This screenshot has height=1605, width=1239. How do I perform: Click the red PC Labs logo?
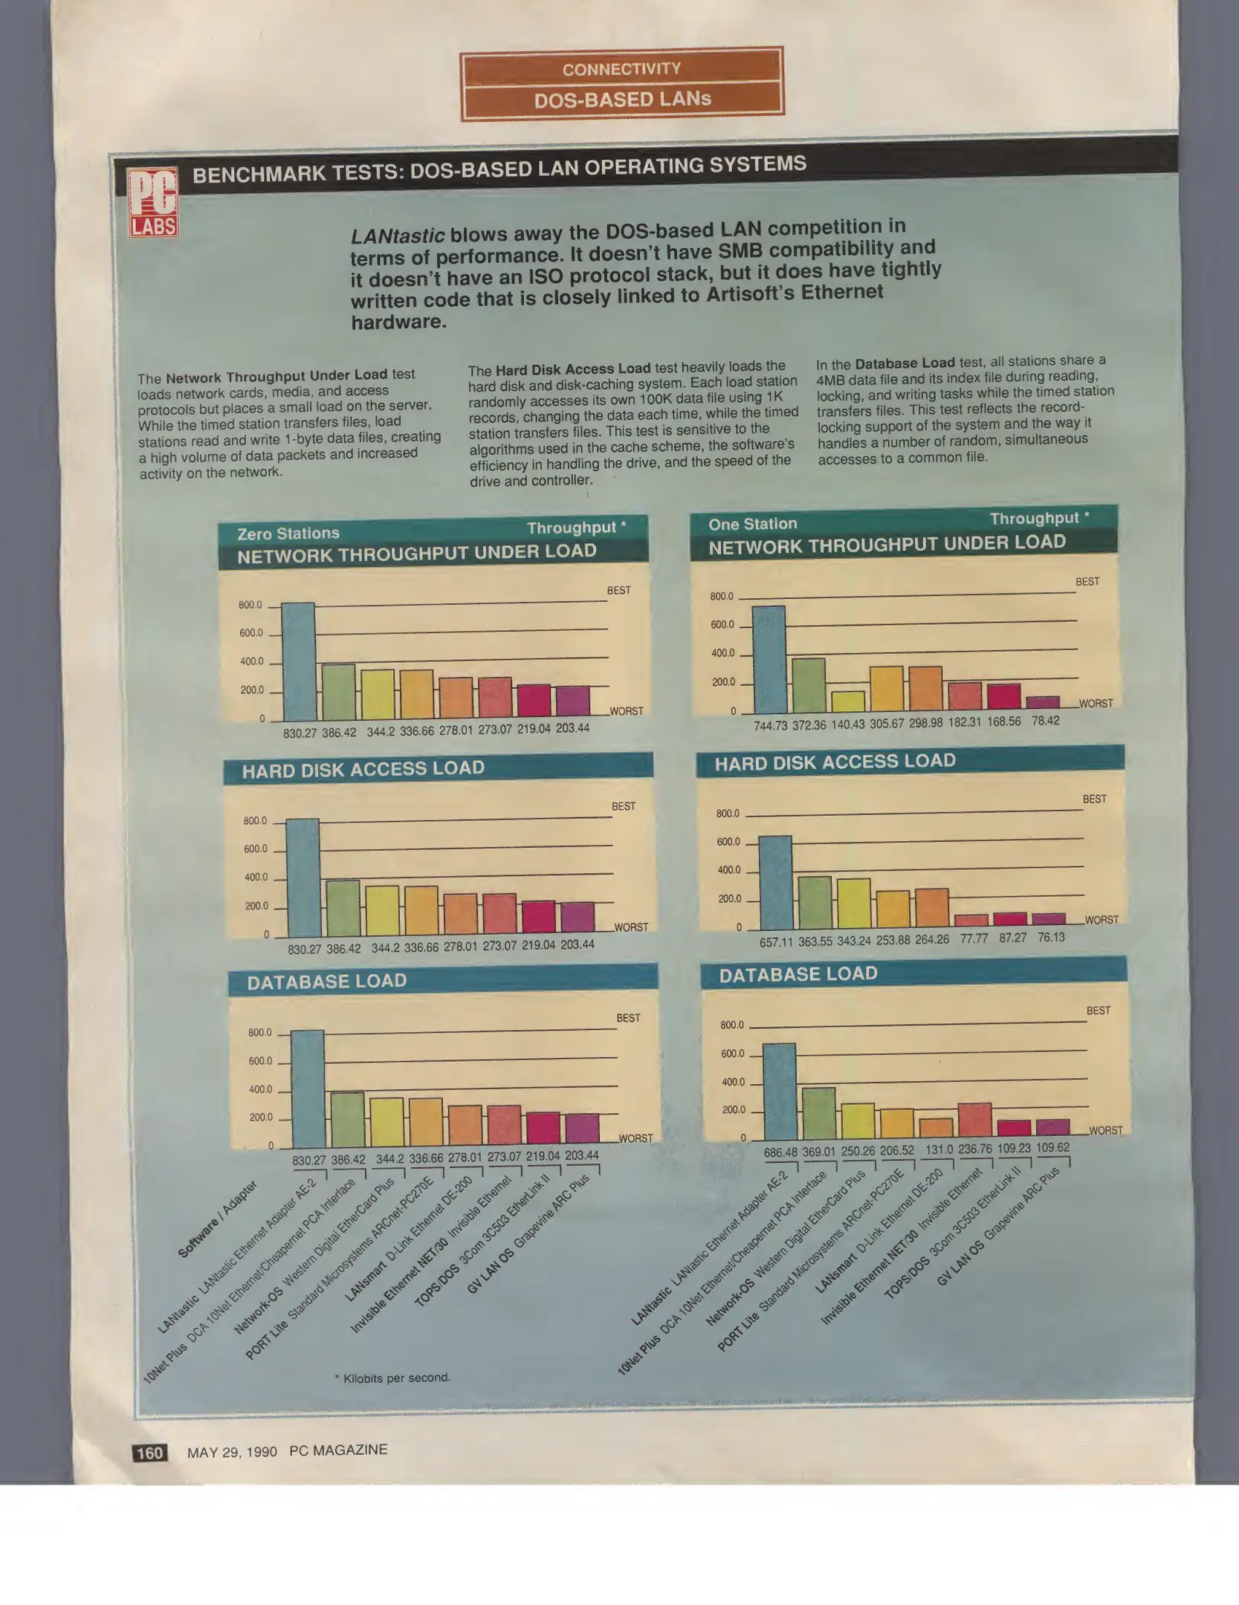pos(152,201)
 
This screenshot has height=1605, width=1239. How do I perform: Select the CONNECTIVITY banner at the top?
pos(621,69)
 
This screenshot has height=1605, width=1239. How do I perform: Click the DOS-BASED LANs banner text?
pos(622,100)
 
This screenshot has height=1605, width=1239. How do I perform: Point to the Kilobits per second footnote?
pos(394,1378)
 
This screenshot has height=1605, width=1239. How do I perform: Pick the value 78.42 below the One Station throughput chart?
pos(1045,721)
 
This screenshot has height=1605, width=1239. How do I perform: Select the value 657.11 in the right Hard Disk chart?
pos(776,942)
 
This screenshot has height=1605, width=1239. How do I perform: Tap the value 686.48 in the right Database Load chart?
pos(780,1152)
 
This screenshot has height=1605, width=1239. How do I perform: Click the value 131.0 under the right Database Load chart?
pos(939,1150)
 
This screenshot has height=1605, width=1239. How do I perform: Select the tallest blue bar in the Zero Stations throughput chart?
pos(299,661)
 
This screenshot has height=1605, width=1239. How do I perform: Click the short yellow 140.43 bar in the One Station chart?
pos(848,701)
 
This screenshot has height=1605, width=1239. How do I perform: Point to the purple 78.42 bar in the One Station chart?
pos(1043,702)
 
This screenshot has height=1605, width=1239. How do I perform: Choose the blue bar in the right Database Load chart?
pos(780,1092)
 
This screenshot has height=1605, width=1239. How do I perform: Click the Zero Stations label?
pos(288,534)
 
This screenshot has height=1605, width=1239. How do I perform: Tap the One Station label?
pos(752,524)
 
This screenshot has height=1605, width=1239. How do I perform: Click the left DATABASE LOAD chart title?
pos(327,982)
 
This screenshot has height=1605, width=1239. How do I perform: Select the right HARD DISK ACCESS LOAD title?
pos(835,762)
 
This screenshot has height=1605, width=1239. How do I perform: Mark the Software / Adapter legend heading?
pos(217,1219)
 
